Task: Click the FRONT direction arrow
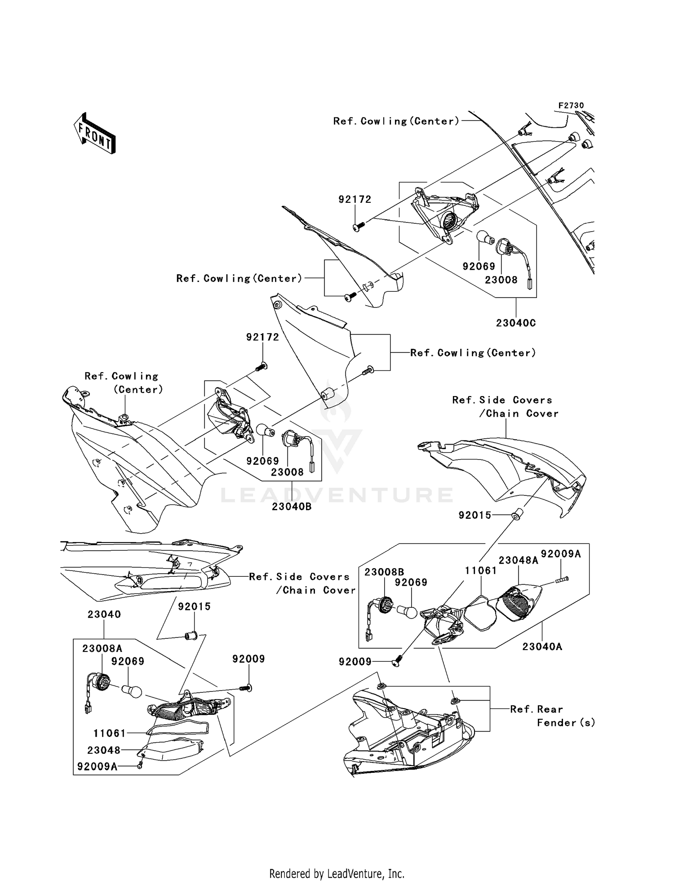95,134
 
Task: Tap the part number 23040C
516,323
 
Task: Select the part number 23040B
292,507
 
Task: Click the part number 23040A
542,646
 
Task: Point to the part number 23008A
102,648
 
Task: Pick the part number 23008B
384,572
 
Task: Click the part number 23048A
519,560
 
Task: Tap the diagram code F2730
571,105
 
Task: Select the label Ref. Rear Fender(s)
553,716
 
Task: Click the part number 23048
104,750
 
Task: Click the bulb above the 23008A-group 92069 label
132,690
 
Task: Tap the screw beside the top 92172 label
358,227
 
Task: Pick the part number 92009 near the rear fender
355,661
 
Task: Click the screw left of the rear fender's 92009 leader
396,661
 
